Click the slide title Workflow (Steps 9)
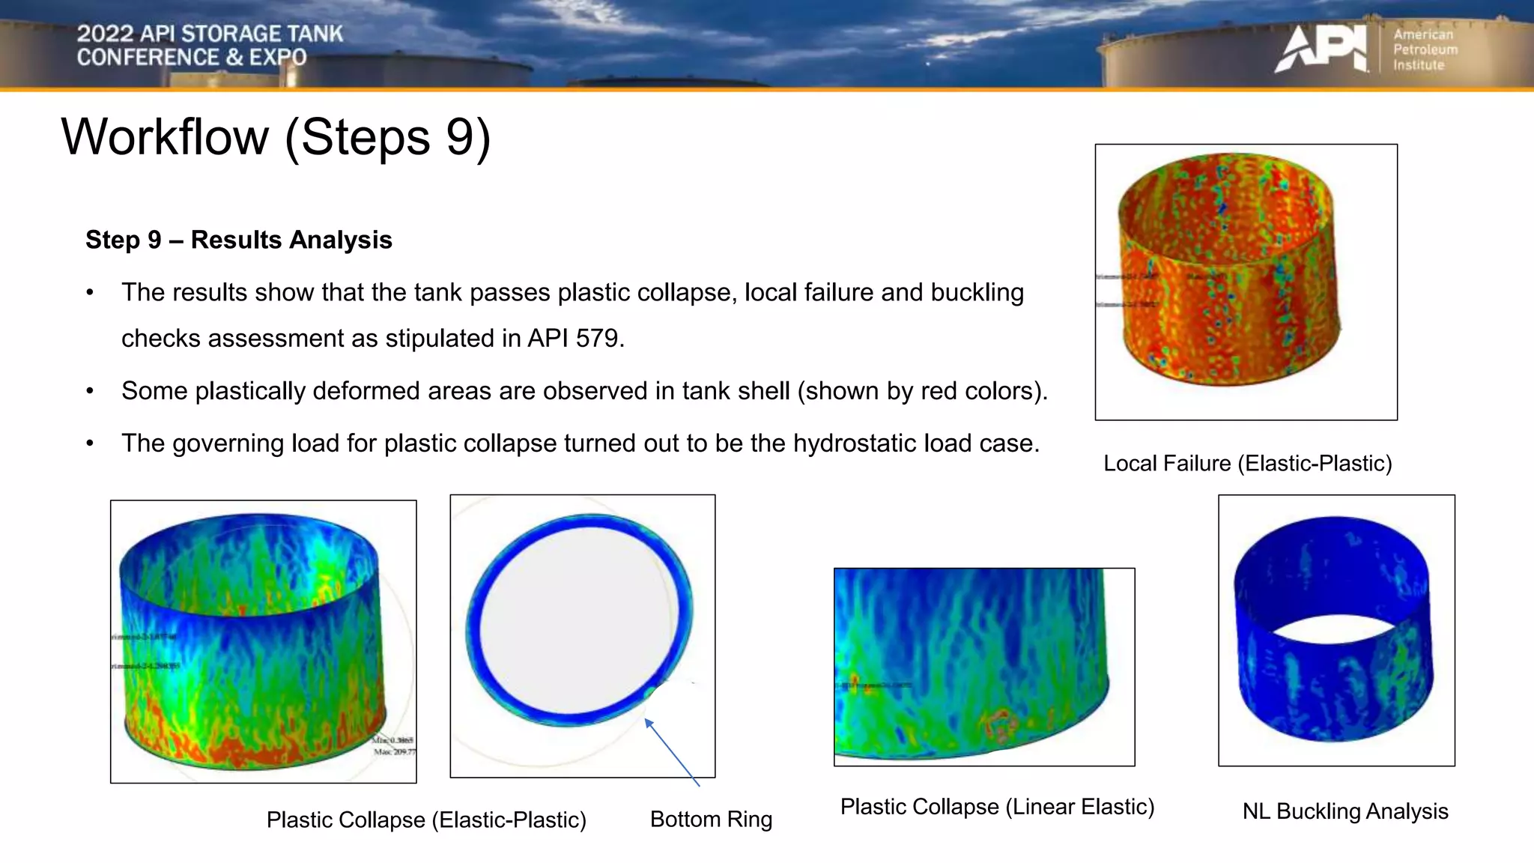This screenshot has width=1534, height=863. [276, 137]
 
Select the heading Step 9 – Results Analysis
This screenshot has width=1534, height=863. [238, 240]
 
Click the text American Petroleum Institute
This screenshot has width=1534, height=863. [1425, 49]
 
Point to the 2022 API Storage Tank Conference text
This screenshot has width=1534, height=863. [210, 45]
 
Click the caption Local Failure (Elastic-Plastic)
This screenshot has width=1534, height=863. [1247, 463]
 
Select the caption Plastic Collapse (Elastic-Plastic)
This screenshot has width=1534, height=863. [426, 820]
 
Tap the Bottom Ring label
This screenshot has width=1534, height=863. [711, 819]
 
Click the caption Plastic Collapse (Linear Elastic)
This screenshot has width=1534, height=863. [997, 807]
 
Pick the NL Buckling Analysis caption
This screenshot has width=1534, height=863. [1345, 811]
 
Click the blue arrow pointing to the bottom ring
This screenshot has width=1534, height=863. [671, 751]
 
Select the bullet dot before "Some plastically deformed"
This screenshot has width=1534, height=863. [90, 391]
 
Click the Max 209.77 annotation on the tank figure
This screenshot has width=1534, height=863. [395, 751]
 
